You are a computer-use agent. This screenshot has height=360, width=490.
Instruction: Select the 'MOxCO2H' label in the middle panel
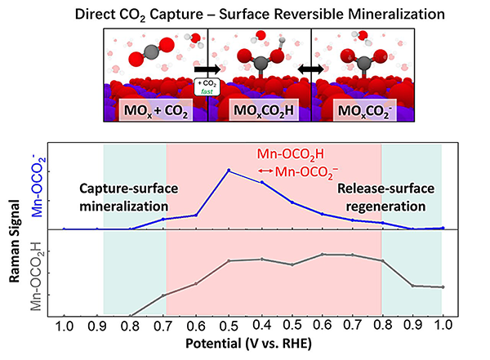260,112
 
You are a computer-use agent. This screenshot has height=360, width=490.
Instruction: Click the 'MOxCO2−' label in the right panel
359,112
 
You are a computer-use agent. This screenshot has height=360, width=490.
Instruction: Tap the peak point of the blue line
229,171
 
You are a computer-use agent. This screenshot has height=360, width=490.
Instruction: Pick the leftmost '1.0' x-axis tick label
65,327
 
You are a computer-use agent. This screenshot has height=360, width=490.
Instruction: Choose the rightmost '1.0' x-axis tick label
442,327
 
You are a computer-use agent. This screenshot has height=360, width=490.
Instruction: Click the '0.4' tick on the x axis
261,327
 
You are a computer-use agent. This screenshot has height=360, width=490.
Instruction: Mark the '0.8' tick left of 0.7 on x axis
131,327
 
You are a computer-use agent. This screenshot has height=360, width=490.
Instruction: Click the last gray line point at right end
442,287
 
